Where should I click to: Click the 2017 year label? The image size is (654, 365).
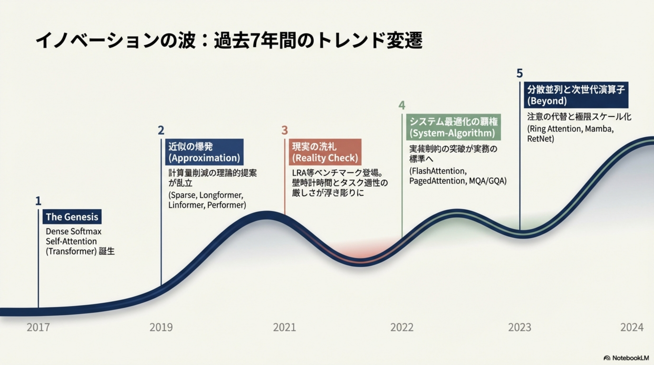(38, 327)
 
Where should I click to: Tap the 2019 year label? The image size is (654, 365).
(161, 327)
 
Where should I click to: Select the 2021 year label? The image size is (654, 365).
(284, 327)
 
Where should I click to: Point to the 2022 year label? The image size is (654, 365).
(402, 327)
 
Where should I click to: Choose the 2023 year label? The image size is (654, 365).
(519, 327)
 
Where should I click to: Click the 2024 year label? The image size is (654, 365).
(632, 327)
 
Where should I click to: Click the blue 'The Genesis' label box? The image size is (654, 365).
(72, 217)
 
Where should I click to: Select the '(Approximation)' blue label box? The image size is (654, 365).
(204, 152)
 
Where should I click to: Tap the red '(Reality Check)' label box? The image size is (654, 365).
(325, 152)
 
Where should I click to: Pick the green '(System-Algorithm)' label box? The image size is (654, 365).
(453, 127)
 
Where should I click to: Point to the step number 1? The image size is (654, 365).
(38, 201)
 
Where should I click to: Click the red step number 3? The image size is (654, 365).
(285, 130)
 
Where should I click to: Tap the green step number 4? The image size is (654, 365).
(402, 105)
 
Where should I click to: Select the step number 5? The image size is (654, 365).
(519, 73)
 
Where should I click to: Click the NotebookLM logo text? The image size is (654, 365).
(630, 358)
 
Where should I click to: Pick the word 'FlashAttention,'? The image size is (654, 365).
(438, 171)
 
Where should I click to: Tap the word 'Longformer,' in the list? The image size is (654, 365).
(221, 195)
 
